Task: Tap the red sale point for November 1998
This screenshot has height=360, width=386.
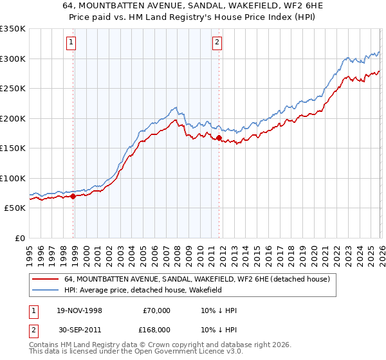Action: (73, 196)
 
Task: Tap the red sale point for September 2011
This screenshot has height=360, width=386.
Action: (219, 138)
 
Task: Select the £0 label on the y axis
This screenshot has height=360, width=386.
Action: (20, 238)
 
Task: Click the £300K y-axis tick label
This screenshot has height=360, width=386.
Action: (13, 59)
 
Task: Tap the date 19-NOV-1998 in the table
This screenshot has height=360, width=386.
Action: (79, 310)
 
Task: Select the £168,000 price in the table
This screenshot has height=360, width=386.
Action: (156, 329)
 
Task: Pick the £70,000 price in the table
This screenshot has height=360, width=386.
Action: (156, 310)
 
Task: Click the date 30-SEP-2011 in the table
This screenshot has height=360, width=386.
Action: (79, 329)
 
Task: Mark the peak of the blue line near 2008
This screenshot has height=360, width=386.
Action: (174, 107)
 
